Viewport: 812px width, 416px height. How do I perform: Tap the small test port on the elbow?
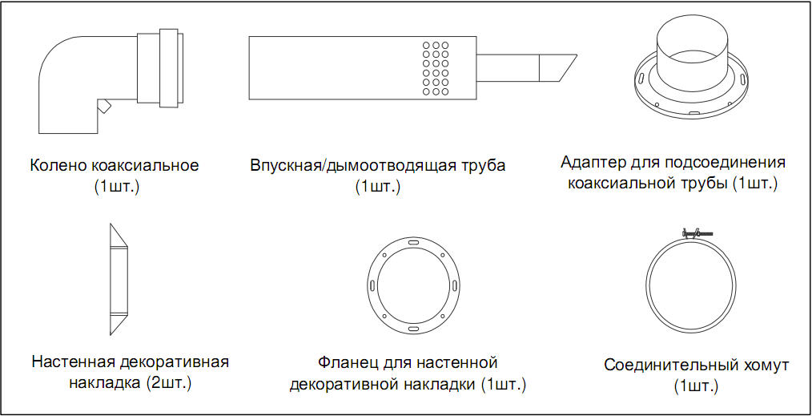103,106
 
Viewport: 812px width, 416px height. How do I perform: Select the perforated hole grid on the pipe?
436,68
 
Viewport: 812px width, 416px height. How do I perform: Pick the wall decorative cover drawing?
119,279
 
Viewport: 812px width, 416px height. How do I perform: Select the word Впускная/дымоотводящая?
352,166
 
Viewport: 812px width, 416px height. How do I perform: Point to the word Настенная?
72,361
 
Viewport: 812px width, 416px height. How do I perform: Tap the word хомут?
766,366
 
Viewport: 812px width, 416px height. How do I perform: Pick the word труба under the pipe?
481,167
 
